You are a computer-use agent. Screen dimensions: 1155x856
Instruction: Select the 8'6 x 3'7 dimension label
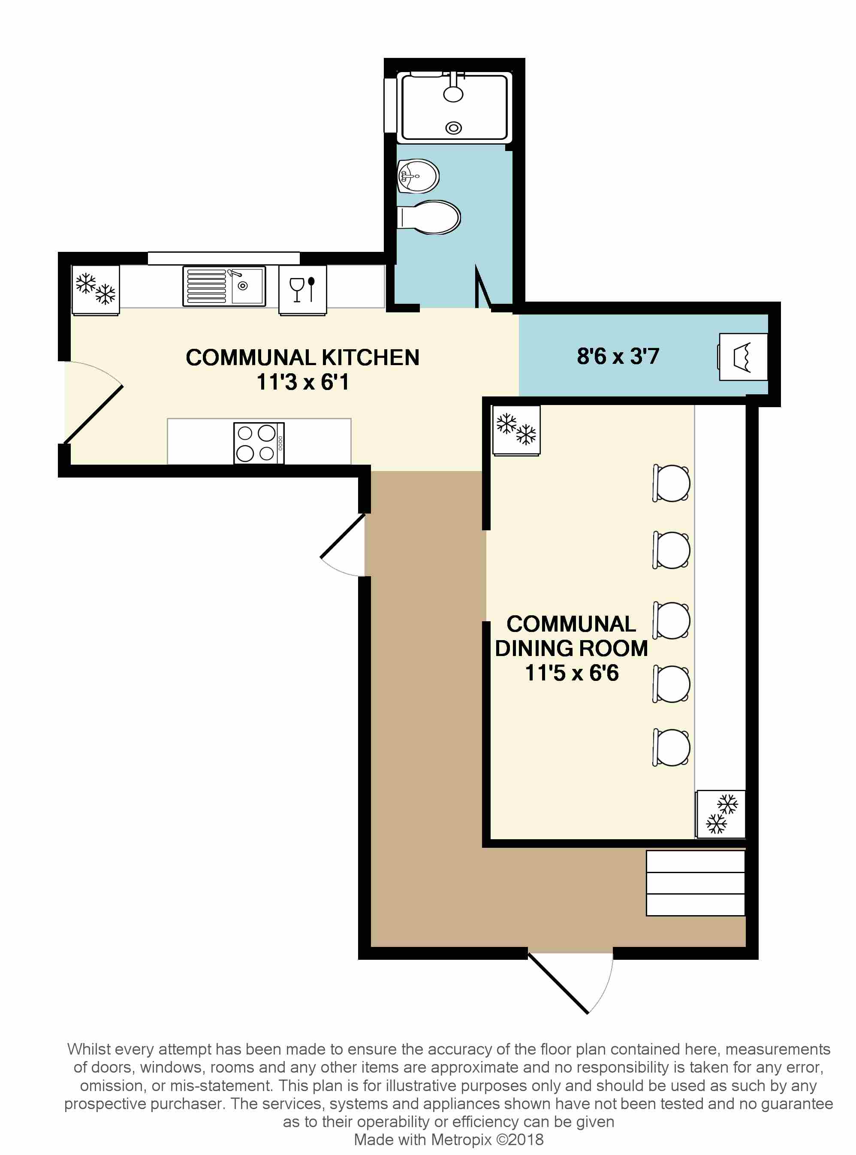[618, 357]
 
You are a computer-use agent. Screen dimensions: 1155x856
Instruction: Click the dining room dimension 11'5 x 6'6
[572, 673]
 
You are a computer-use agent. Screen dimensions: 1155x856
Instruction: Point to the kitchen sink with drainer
[224, 286]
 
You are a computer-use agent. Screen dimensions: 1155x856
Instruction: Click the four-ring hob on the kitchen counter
[258, 443]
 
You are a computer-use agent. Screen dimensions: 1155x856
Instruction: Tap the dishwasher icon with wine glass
[303, 290]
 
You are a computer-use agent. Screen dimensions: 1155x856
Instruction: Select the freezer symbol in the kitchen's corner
[95, 290]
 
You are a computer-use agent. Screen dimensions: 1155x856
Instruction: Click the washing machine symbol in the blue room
[742, 357]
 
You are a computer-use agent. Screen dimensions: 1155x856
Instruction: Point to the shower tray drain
[453, 127]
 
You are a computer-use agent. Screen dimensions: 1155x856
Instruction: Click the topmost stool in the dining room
[672, 483]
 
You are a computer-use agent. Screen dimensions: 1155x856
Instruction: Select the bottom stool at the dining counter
[672, 747]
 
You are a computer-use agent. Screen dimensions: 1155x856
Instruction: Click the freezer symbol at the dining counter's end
[721, 814]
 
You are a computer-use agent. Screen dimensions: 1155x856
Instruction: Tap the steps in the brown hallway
[695, 883]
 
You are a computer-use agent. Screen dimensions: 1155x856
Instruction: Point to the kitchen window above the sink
[223, 258]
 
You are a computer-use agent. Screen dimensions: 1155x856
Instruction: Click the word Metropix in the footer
[461, 1140]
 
